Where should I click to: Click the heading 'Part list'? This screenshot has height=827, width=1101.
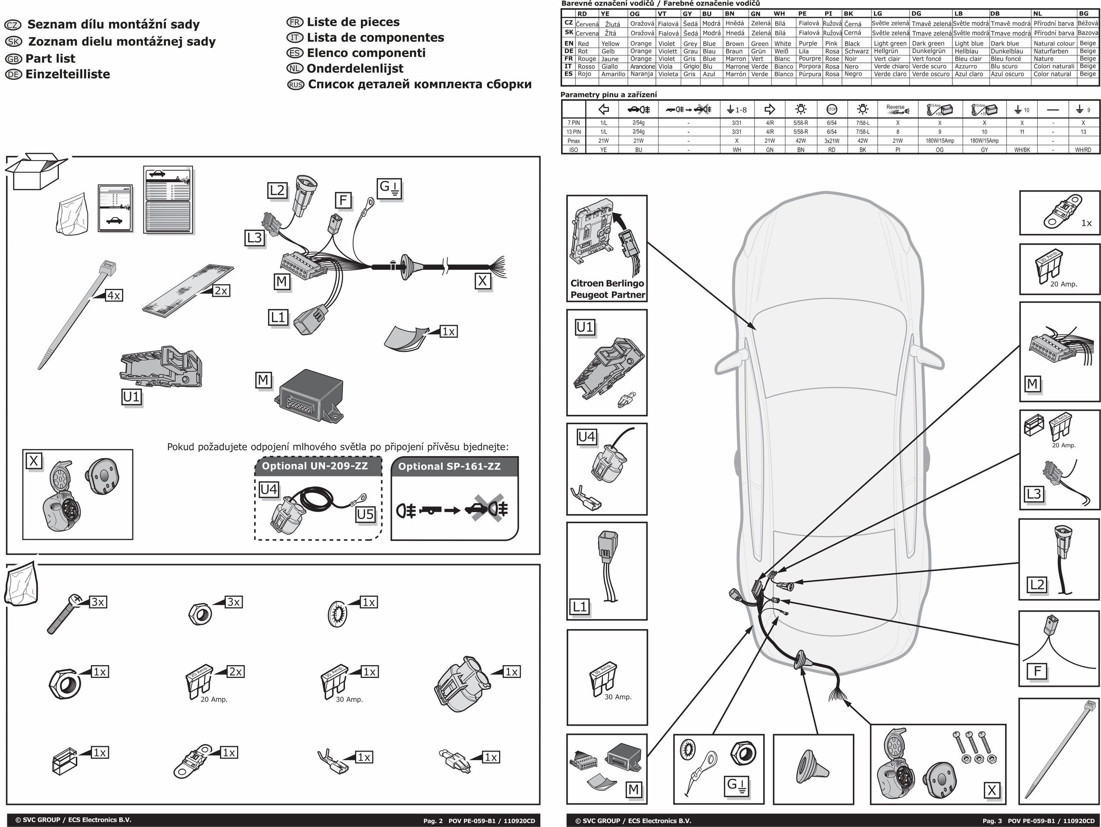click(x=50, y=59)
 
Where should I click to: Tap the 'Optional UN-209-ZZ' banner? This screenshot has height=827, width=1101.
click(x=315, y=466)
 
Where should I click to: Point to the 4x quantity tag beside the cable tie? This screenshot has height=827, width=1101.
click(x=114, y=295)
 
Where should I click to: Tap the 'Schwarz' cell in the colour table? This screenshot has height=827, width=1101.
click(x=856, y=51)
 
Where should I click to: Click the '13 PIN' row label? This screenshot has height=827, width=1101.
click(x=574, y=132)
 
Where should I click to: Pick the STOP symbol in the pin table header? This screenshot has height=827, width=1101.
click(x=831, y=109)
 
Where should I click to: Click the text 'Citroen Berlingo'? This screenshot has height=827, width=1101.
click(x=607, y=283)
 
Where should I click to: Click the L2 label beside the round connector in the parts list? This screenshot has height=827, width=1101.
click(x=277, y=190)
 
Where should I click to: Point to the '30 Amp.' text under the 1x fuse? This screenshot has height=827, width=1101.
click(x=349, y=699)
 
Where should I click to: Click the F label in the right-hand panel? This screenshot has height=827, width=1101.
click(x=1037, y=671)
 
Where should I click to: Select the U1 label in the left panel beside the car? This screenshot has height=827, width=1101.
click(x=585, y=327)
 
